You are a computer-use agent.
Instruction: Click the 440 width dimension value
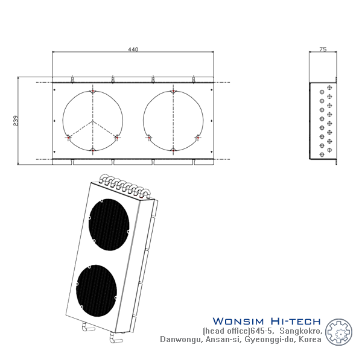(133, 49)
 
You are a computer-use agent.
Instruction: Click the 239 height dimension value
(16, 121)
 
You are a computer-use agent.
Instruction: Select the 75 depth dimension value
(323, 49)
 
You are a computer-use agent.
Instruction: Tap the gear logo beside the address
(338, 332)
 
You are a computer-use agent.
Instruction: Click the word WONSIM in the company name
(238, 321)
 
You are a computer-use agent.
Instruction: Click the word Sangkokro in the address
(301, 331)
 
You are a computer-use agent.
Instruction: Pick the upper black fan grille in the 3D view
(109, 224)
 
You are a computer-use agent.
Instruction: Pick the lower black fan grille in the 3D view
(97, 290)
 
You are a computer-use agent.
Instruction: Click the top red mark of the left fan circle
(93, 92)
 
